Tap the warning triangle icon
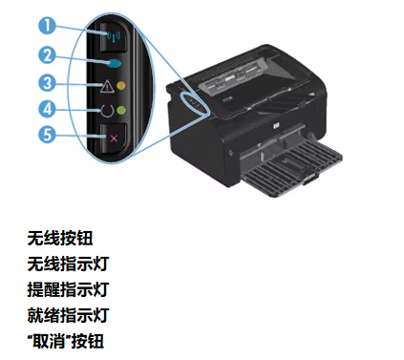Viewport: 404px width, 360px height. click(x=104, y=86)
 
